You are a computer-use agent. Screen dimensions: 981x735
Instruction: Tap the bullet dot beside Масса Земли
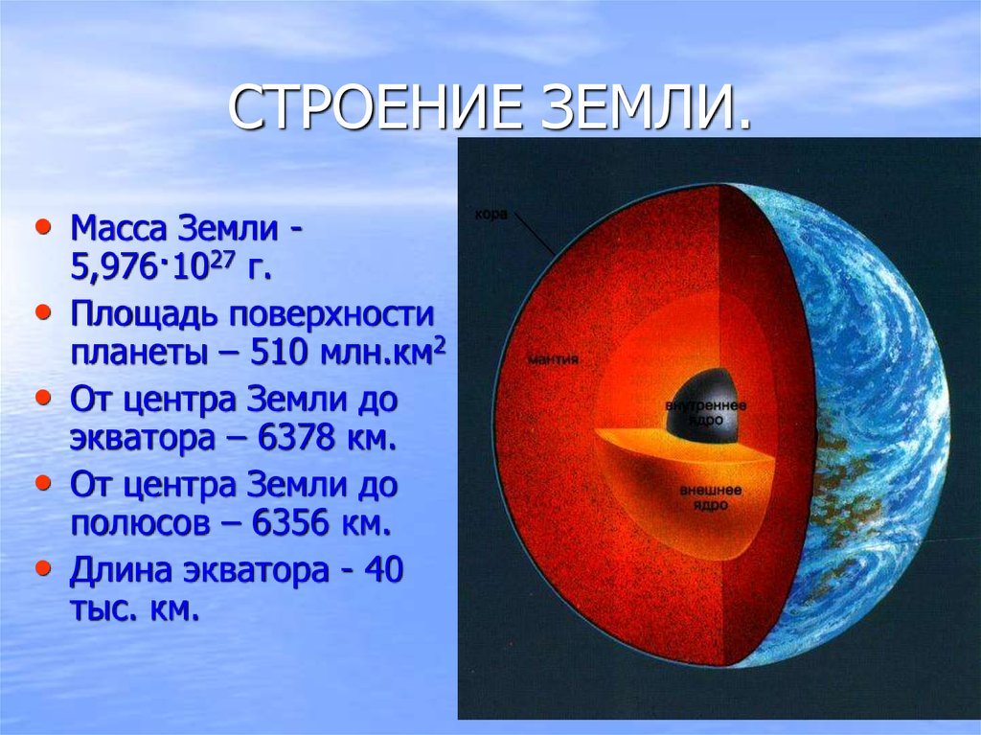point(43,227)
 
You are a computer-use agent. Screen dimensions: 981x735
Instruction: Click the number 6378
point(297,438)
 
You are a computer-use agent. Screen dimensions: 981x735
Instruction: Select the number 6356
point(290,523)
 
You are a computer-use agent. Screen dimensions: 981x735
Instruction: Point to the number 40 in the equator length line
point(383,570)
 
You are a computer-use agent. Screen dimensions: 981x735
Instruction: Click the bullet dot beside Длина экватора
point(43,569)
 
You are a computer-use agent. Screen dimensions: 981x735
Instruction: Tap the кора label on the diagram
point(491,215)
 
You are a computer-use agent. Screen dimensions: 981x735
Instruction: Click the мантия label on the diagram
point(553,359)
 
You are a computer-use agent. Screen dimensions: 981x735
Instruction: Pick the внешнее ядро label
point(711,497)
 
